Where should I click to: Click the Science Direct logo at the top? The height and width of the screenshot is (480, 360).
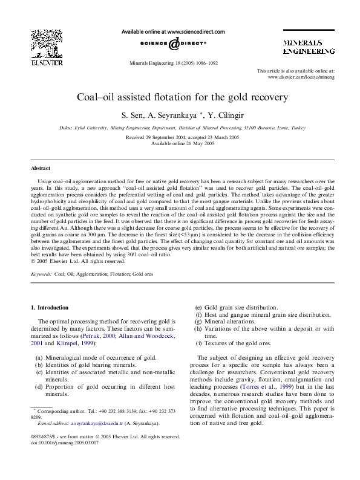tap(174, 44)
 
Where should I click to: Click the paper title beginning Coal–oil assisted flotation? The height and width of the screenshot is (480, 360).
tap(182, 97)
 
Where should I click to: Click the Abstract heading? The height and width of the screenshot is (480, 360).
tap(41, 168)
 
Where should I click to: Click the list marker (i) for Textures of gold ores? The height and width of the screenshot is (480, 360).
tap(198, 343)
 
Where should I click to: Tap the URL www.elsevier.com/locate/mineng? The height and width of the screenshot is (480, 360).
tap(301, 77)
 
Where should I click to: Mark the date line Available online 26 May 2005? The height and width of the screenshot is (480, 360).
tap(182, 143)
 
